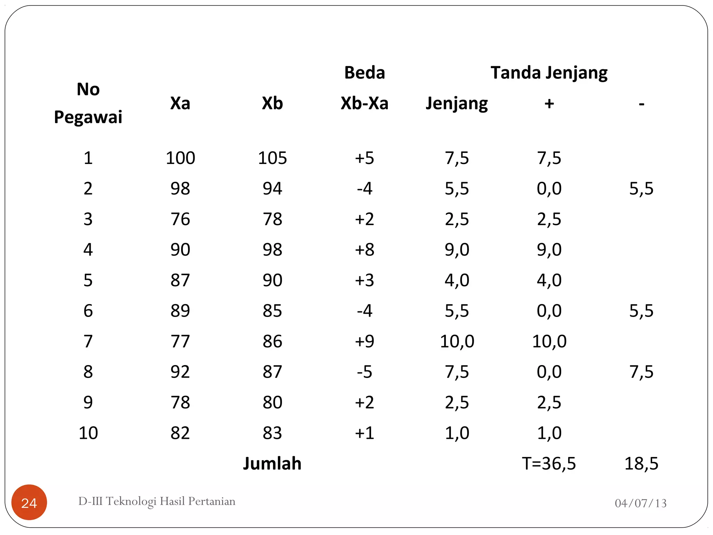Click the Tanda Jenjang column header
point(549,73)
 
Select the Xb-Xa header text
point(364,103)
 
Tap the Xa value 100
point(180,158)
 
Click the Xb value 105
point(272,158)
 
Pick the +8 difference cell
point(364,249)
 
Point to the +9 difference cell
point(364,341)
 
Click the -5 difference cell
point(364,372)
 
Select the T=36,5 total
point(549,463)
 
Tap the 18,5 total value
point(641,463)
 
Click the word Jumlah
point(272,463)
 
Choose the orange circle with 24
point(29,502)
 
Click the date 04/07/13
point(640,503)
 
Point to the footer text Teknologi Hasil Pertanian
point(157,501)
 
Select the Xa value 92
point(180,372)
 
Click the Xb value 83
point(272,433)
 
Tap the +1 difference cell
point(364,433)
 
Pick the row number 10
point(88,433)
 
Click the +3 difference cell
point(364,280)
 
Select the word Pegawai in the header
point(88,117)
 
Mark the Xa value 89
point(180,311)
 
